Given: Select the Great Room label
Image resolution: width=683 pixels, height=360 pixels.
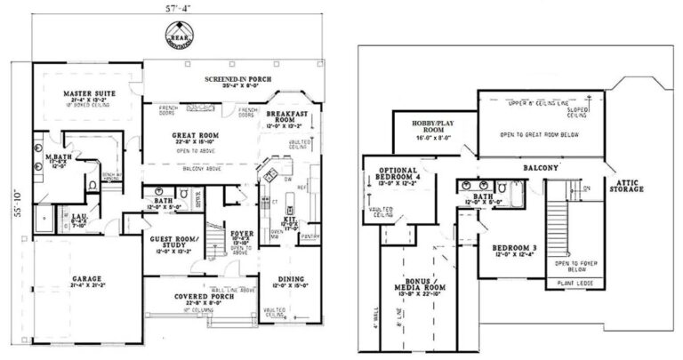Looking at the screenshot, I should coord(193,136).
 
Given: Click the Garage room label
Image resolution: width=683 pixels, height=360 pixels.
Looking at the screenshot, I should coord(87,278).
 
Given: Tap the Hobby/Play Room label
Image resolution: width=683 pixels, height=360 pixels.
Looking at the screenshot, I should coord(433,126).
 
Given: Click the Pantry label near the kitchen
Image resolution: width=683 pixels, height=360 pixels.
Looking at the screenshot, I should coord(311,235).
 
